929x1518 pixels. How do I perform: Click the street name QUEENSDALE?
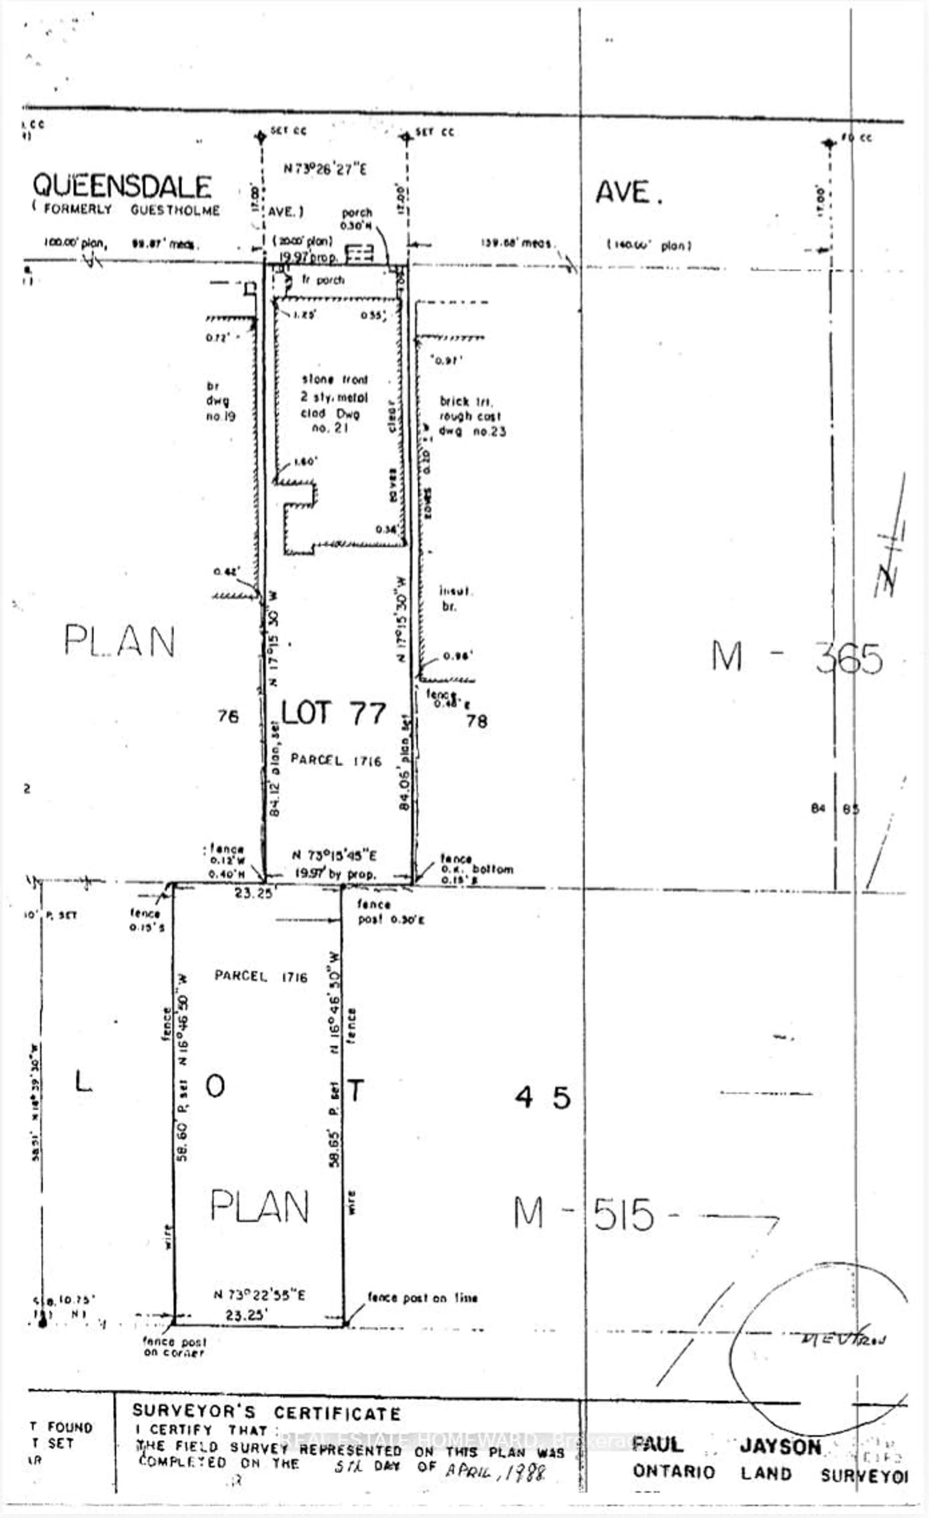[122, 186]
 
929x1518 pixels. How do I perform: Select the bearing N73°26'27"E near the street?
[325, 169]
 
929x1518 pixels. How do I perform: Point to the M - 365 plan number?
[796, 658]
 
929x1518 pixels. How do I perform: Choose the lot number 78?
[477, 721]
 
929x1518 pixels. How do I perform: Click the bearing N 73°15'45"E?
[334, 855]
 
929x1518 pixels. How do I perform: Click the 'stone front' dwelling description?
[334, 380]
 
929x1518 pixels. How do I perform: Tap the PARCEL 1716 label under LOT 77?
[336, 760]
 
